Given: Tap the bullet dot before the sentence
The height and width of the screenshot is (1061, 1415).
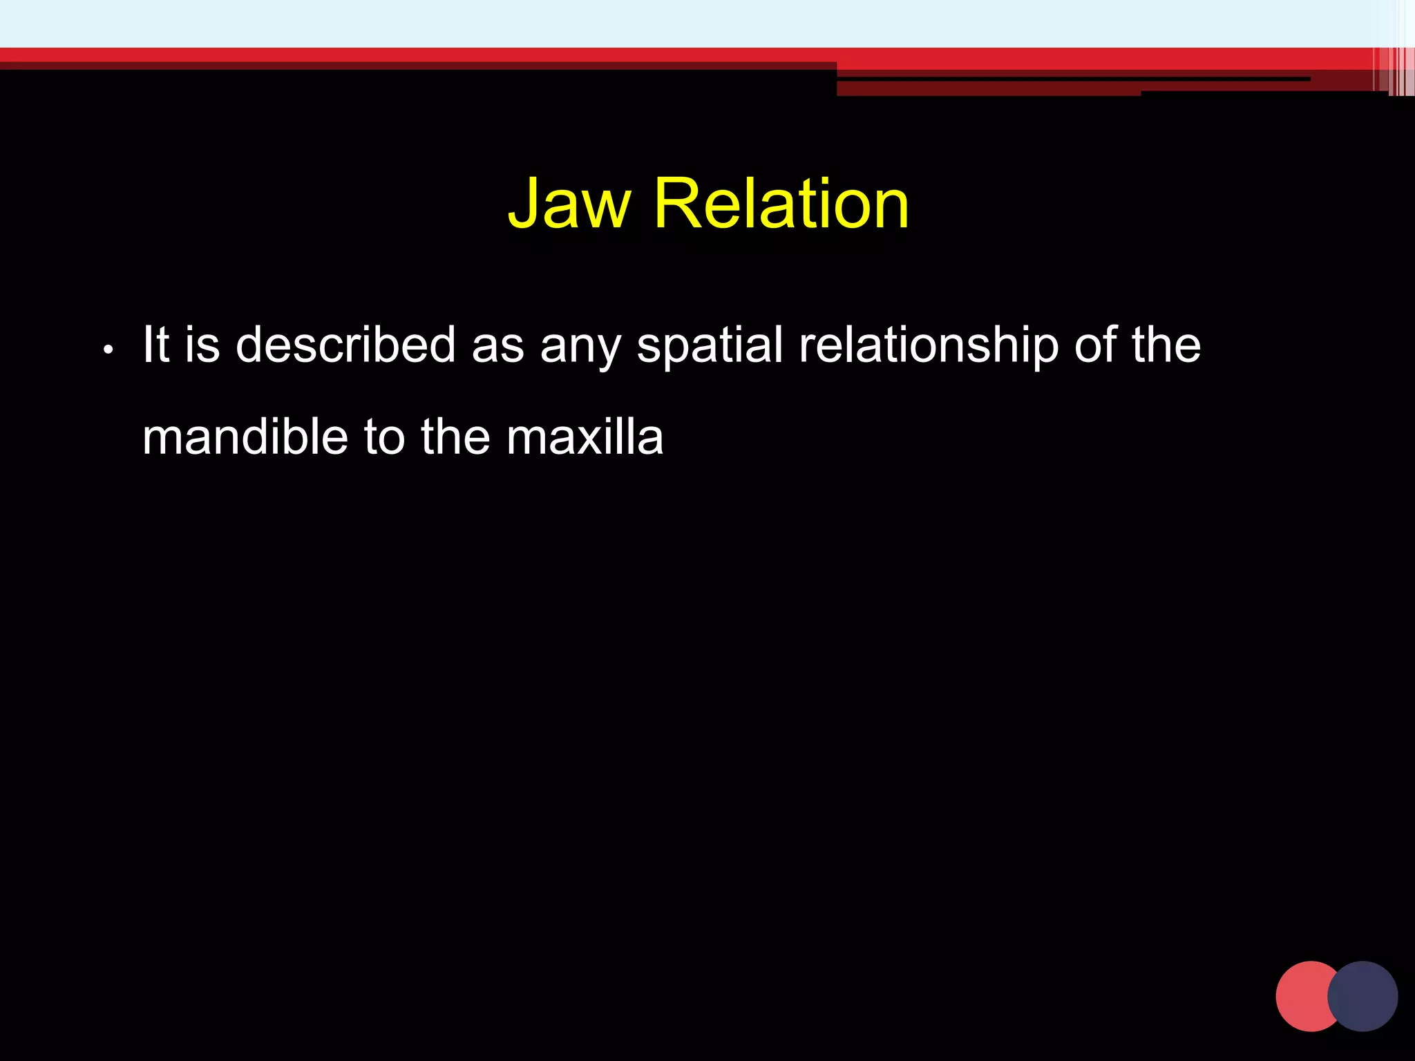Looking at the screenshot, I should point(107,350).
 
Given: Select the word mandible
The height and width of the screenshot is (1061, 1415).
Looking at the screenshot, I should point(245,437).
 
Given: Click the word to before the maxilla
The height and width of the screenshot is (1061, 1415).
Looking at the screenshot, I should point(384,437).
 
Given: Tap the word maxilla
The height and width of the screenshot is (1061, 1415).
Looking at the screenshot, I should point(585,437).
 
